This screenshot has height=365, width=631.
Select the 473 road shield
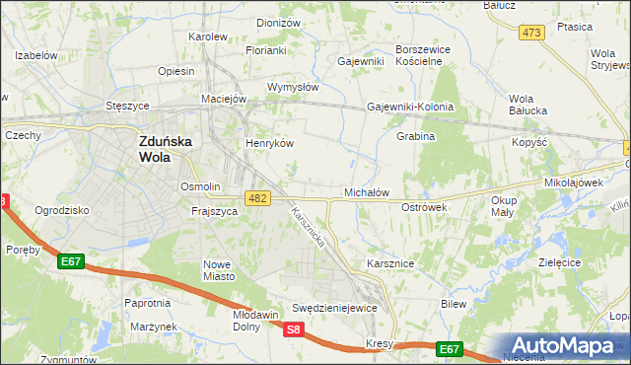coord(532,33)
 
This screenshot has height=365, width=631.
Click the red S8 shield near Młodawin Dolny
coord(293,330)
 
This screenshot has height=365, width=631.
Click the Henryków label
coord(269,142)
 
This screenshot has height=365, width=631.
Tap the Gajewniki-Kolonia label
coord(409,107)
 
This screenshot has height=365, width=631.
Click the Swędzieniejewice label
coord(335,308)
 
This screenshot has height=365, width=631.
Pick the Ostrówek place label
coord(425,207)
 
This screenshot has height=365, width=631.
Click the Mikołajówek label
coord(573,183)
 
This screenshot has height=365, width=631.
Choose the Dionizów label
coord(277,22)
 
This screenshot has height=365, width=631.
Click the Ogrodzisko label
coord(62,210)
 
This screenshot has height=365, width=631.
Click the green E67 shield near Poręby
coord(70,261)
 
